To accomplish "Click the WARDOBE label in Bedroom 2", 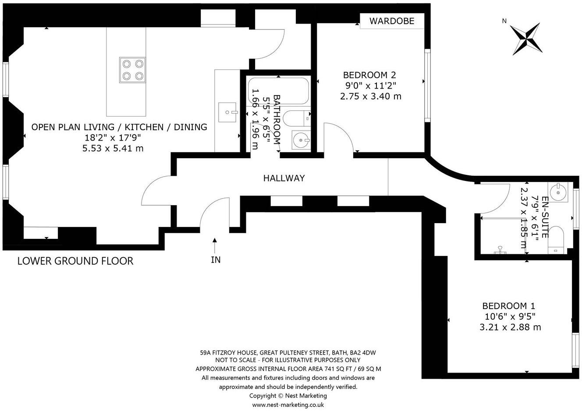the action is (x=392, y=21).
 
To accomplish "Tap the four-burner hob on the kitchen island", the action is (x=132, y=70).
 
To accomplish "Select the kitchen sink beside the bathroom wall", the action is (x=228, y=112).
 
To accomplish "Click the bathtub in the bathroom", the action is (x=278, y=91).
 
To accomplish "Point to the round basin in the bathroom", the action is (x=301, y=140).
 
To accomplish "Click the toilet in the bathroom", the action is (x=297, y=118).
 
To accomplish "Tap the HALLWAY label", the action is (x=284, y=178).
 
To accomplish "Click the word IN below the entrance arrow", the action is (x=216, y=260).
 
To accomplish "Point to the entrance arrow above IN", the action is (x=215, y=245).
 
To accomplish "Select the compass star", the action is (x=526, y=39).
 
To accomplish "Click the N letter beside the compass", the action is (x=504, y=21).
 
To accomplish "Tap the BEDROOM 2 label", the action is (x=369, y=75).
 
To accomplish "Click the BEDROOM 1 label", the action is (x=509, y=306).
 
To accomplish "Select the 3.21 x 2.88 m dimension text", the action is (x=510, y=327).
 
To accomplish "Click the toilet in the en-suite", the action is (x=556, y=240).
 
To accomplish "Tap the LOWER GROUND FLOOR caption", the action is (x=75, y=261).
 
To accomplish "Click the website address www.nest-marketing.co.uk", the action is (x=288, y=405).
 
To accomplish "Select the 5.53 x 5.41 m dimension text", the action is (x=113, y=148).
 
